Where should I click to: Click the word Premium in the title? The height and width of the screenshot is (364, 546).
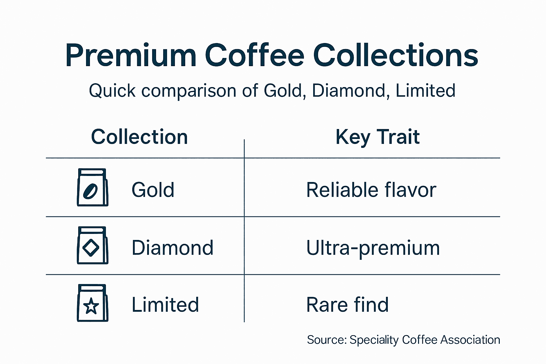point(130,56)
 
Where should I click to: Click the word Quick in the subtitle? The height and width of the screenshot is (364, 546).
point(112,91)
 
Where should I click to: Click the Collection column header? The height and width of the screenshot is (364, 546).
point(139,137)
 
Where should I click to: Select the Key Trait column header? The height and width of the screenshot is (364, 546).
point(378,137)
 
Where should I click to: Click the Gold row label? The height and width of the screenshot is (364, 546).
point(153,190)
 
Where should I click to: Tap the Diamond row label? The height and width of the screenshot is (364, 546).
point(172,248)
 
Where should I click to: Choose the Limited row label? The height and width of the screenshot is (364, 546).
point(165,305)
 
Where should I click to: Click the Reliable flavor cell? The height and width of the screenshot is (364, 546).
point(371,190)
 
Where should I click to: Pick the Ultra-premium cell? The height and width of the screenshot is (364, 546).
point(373,248)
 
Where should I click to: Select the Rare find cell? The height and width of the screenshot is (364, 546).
point(347,305)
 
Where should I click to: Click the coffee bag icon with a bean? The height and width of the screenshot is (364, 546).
point(92,187)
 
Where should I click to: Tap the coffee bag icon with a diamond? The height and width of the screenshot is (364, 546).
point(92,245)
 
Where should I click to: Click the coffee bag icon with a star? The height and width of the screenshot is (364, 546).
point(92,303)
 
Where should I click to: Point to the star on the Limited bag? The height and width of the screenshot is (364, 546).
point(91,306)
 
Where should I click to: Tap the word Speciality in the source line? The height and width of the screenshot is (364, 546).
point(374,340)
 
